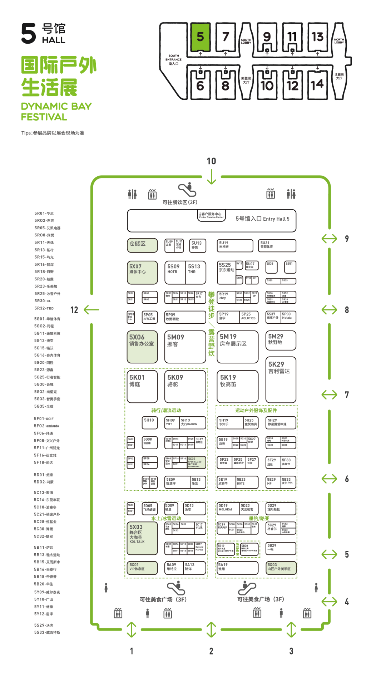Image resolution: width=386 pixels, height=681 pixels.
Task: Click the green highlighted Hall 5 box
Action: click(x=200, y=37)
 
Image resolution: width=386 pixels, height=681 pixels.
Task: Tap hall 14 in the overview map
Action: click(x=317, y=84)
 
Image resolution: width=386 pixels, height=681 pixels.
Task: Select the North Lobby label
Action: click(x=339, y=41)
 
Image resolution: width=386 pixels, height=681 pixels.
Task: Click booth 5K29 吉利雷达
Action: click(x=281, y=379)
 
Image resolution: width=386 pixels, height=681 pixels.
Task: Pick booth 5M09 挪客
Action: click(x=185, y=346)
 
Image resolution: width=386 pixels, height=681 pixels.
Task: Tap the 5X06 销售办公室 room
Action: click(x=142, y=346)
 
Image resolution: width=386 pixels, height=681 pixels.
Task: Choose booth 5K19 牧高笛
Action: click(x=238, y=386)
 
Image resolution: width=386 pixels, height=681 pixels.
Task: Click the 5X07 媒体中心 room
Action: click(x=142, y=272)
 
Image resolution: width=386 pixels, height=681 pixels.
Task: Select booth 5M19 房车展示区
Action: click(x=238, y=346)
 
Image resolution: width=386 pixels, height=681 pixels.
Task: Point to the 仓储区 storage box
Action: click(x=142, y=245)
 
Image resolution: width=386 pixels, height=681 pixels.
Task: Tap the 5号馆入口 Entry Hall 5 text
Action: click(x=262, y=219)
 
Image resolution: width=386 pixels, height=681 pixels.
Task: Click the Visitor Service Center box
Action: click(x=212, y=216)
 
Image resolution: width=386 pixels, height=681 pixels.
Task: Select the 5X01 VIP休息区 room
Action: click(x=142, y=567)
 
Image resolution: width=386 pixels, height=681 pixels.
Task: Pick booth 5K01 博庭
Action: click(x=142, y=386)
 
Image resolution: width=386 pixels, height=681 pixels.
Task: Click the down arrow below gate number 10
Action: click(x=212, y=177)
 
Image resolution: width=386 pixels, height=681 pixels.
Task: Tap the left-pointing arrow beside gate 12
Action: click(x=91, y=310)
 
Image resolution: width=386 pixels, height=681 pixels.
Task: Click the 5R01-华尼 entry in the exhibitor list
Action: click(x=44, y=214)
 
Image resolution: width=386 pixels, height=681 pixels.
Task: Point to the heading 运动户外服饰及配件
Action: click(x=256, y=411)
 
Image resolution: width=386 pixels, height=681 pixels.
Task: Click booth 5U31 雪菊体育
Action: click(x=277, y=245)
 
